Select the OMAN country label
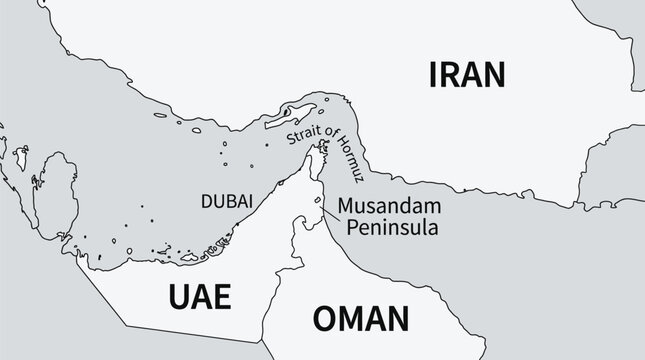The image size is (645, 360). pyautogui.click(x=361, y=319)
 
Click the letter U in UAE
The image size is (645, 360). pyautogui.click(x=174, y=297)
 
